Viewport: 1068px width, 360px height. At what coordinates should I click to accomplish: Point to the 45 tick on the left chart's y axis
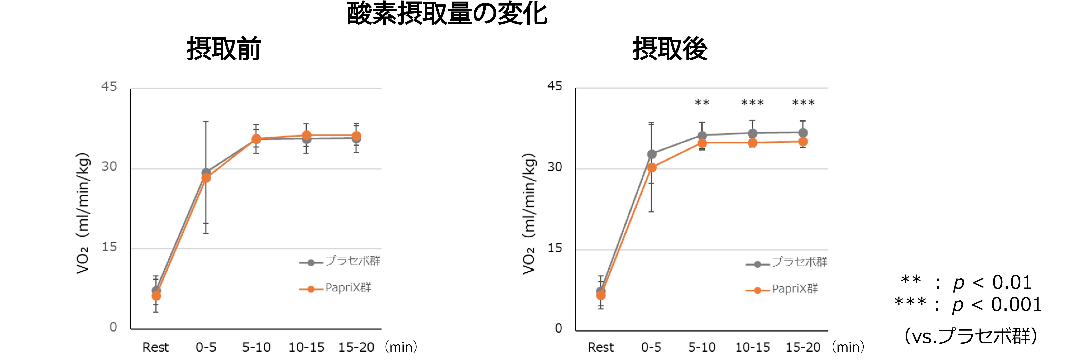point(109,87)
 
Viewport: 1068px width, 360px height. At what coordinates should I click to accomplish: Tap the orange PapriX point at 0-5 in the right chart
point(652,168)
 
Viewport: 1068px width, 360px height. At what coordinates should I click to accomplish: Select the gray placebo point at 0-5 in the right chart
point(652,154)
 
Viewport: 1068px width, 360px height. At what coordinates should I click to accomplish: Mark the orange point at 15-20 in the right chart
point(803,142)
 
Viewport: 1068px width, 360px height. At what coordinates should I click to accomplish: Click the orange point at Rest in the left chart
point(156,296)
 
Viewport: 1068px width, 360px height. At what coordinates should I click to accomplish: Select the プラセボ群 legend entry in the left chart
point(352,261)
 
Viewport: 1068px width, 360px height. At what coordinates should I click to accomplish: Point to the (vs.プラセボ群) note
point(970,336)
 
